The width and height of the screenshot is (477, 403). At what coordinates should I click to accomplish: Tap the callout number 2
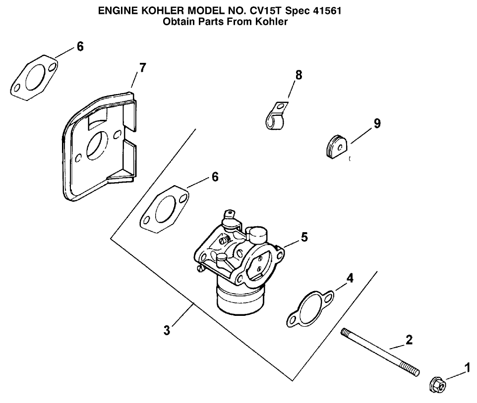click(x=409, y=340)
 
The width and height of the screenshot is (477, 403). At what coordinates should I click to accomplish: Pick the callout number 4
click(x=350, y=278)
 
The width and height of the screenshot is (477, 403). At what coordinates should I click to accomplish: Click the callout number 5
click(x=304, y=237)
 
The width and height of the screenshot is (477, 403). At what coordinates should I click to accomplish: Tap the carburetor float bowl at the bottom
click(x=239, y=300)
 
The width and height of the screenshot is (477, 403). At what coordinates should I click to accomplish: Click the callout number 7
click(x=142, y=68)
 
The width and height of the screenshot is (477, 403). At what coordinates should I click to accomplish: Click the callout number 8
click(x=298, y=75)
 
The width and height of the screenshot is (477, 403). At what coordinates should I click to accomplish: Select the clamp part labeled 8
click(x=274, y=117)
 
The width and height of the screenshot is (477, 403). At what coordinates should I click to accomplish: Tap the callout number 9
click(x=377, y=123)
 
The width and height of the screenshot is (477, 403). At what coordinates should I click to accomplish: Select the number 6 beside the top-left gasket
click(x=80, y=47)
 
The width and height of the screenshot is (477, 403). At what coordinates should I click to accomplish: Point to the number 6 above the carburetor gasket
click(x=215, y=177)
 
